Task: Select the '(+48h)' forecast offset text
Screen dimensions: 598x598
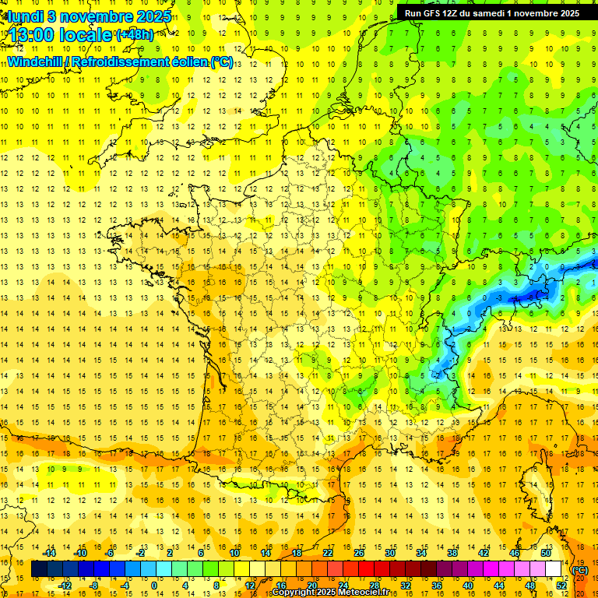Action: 135,36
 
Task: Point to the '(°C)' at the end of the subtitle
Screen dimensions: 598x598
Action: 222,62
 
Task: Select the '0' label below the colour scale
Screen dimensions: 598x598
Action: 154,586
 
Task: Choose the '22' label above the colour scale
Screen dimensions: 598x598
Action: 328,553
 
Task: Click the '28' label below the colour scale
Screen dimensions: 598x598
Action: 375,586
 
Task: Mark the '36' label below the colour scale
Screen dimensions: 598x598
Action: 437,586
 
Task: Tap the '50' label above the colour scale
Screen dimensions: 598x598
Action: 546,553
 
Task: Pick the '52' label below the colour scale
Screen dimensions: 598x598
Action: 561,586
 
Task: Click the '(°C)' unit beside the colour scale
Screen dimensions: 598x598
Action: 580,570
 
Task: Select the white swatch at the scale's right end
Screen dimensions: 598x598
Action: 554,569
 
